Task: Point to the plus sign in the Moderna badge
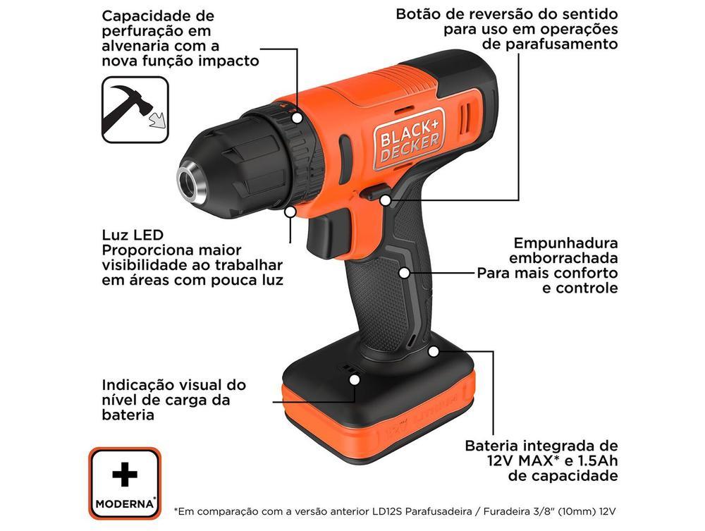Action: point(125,475)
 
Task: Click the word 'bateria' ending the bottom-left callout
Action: point(128,415)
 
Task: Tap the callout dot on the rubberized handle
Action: point(404,272)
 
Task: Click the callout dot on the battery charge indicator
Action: point(355,379)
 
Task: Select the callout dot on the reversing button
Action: point(385,200)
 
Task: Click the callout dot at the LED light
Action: point(290,210)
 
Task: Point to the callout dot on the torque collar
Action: point(298,117)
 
